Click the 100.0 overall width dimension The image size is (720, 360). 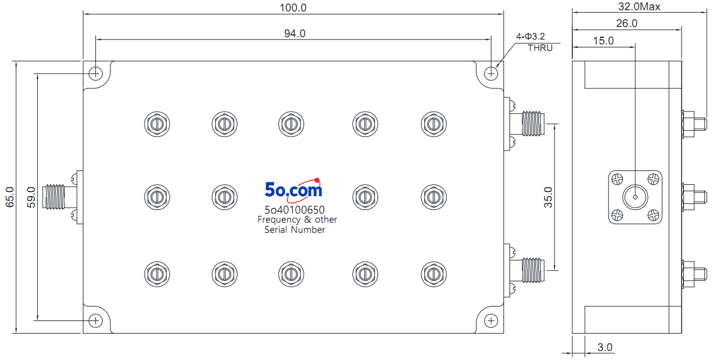293,7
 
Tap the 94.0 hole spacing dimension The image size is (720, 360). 295,34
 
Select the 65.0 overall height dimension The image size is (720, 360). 10,197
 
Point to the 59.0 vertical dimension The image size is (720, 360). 31,197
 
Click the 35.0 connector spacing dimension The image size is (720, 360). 548,197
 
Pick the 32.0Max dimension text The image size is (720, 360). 639,7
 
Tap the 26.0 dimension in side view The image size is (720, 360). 626,23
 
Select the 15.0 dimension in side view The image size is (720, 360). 604,41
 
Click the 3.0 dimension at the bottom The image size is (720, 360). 605,347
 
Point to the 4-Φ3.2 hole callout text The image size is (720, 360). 530,37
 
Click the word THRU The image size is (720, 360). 540,48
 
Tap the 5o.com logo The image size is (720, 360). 293,190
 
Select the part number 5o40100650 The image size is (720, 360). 295,210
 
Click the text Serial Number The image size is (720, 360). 295,229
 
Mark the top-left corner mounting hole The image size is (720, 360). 95,74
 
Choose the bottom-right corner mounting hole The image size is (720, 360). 491,321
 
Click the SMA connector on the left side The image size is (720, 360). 62,197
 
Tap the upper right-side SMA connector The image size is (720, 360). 524,124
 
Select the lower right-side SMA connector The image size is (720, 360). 524,271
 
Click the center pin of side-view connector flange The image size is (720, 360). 635,197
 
